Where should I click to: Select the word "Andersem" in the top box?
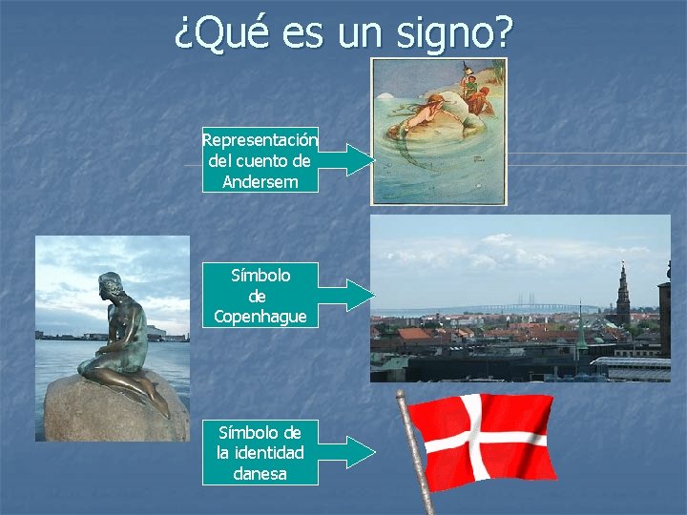pos(260,181)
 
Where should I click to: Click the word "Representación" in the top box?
pos(260,140)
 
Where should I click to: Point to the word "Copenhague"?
pos(260,316)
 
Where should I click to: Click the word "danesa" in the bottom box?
pos(260,473)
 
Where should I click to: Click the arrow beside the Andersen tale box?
pos(347,159)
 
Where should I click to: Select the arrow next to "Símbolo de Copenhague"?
pos(347,296)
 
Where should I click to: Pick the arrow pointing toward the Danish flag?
pos(347,452)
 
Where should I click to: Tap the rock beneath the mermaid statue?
pos(105,410)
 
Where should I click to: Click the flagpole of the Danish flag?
pos(416,448)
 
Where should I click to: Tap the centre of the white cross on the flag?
pos(473,437)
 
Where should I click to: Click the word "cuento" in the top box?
pos(277,160)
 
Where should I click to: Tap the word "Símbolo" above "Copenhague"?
pos(260,276)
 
